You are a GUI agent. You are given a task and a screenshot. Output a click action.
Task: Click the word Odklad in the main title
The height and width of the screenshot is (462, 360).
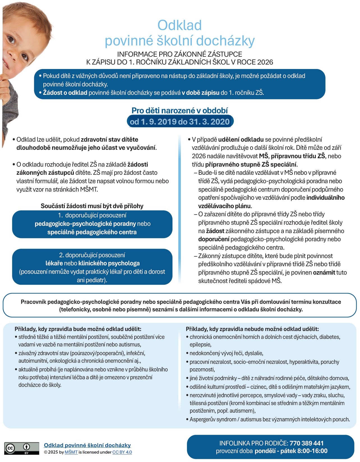pyautogui.click(x=179, y=25)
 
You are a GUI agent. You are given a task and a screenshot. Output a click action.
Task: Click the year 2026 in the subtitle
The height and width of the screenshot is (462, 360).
pyautogui.click(x=265, y=62)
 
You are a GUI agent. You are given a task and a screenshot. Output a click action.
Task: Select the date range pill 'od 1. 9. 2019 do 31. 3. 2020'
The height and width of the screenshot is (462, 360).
pyautogui.click(x=179, y=122)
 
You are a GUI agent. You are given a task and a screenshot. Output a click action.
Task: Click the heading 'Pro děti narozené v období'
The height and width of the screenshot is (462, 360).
pyautogui.click(x=179, y=111)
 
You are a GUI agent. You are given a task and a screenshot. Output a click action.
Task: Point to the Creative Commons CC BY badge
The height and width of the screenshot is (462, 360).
pyautogui.click(x=22, y=448)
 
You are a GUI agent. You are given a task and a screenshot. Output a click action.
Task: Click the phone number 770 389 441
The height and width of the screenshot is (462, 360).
pyautogui.click(x=306, y=443)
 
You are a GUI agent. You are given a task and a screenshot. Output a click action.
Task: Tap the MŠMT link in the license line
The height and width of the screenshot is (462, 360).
pyautogui.click(x=71, y=452)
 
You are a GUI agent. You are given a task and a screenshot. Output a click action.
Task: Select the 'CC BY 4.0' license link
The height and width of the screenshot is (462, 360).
pyautogui.click(x=122, y=452)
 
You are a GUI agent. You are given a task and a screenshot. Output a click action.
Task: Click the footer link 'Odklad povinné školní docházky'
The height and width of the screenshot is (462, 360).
pyautogui.click(x=87, y=445)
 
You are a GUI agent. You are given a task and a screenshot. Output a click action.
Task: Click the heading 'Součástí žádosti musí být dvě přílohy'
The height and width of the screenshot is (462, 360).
pyautogui.click(x=92, y=206)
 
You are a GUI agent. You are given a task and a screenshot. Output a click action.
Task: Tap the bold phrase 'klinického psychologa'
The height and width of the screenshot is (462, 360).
pyautogui.click(x=109, y=263)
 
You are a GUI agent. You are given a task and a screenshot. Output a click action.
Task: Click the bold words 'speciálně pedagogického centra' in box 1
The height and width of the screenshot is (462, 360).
pyautogui.click(x=92, y=232)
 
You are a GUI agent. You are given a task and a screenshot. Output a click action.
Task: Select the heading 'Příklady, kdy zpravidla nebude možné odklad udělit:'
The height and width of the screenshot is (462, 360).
pyautogui.click(x=252, y=329)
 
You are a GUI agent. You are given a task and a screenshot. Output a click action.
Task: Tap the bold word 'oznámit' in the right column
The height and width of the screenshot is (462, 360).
pyautogui.click(x=324, y=272)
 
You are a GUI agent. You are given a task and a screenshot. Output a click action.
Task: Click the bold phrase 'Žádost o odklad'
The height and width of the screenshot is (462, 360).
pyautogui.click(x=65, y=93)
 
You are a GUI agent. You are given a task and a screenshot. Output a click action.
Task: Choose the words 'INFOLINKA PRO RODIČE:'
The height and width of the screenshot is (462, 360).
pyautogui.click(x=253, y=443)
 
